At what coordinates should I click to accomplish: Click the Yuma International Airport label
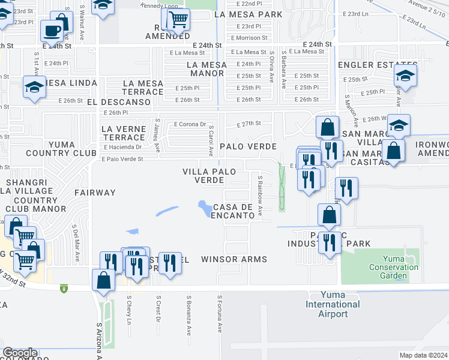pyautogui.click(x=332, y=304)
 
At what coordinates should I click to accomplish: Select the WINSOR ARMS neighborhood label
pyautogui.click(x=234, y=259)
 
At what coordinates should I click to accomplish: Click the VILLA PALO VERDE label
pyautogui.click(x=203, y=176)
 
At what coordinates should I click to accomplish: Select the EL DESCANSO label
pyautogui.click(x=117, y=102)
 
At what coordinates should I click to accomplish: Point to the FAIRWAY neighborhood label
pyautogui.click(x=95, y=193)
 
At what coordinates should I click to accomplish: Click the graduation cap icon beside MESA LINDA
pyautogui.click(x=34, y=87)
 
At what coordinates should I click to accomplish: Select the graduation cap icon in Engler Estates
pyautogui.click(x=405, y=76)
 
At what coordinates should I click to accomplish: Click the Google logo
pyautogui.click(x=20, y=353)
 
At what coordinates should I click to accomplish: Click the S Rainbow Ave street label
pyautogui.click(x=261, y=195)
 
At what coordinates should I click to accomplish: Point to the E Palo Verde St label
pyautogui.click(x=122, y=159)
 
